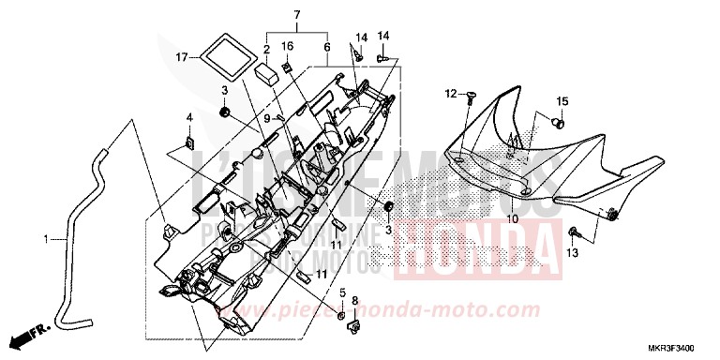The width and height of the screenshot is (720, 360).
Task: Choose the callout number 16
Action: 287,46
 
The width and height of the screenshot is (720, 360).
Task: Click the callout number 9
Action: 266,118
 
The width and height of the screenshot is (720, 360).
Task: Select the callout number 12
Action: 449,93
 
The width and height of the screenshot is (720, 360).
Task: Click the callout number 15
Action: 562,101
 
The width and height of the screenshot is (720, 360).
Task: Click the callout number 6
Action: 327,47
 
